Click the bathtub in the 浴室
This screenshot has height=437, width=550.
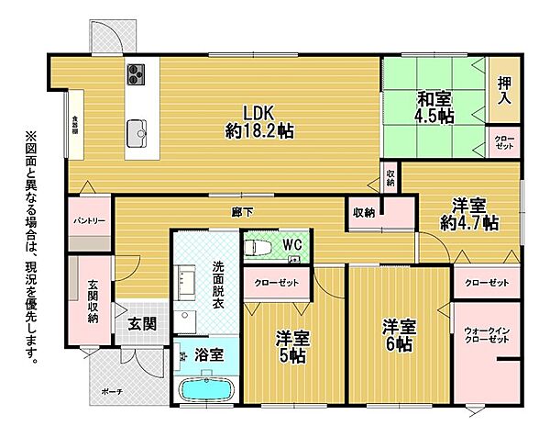(x=204, y=389)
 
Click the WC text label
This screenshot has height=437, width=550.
(x=292, y=244)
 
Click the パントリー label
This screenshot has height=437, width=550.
(x=90, y=221)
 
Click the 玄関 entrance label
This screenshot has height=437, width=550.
(x=141, y=322)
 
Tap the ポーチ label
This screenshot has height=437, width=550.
(x=113, y=391)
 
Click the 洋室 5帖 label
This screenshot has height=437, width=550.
(x=294, y=347)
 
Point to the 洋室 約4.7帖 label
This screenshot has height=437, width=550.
(x=468, y=213)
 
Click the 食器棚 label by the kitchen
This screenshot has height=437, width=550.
(x=75, y=123)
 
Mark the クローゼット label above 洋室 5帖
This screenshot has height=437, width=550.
(x=277, y=282)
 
